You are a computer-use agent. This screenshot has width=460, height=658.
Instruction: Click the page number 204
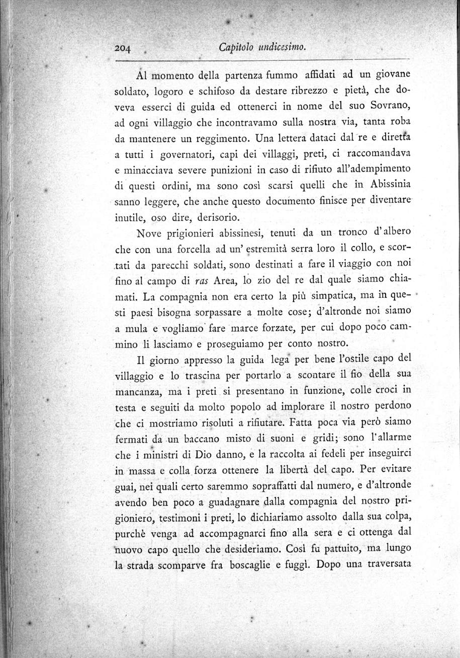[x=122, y=48]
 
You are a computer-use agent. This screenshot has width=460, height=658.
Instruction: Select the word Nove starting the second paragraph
[x=150, y=233]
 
